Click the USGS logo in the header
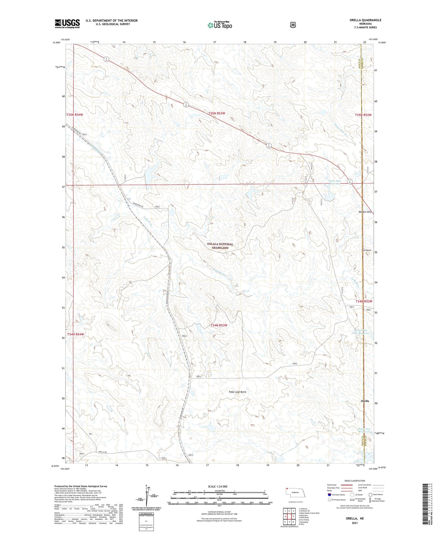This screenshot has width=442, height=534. [x=67, y=24]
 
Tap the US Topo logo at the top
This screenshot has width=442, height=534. [x=220, y=25]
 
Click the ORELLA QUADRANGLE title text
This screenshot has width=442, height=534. [x=365, y=20]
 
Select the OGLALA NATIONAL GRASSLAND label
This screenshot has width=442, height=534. [x=220, y=246]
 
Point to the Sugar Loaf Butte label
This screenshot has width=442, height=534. [x=237, y=392]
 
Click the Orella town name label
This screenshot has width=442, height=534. [x=365, y=401]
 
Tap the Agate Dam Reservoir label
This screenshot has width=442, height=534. [x=335, y=182]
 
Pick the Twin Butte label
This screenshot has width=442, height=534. [x=366, y=250]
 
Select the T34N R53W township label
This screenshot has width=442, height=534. [x=219, y=325]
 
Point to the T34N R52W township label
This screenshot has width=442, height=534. [x=364, y=301]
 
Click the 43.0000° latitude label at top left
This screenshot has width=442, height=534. [x=57, y=42]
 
